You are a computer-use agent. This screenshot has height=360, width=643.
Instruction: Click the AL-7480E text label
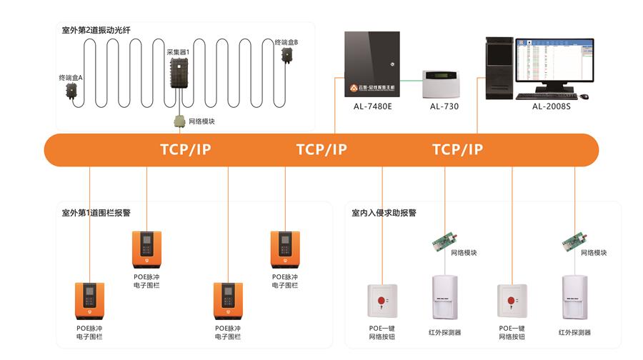[x=372, y=106]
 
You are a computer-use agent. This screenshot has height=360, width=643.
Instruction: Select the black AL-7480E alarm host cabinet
[x=372, y=64]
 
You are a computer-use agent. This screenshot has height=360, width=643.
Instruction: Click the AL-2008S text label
[x=551, y=106]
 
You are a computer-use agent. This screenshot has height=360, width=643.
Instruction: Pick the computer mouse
[x=584, y=96]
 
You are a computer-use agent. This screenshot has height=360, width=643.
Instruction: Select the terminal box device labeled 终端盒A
[x=72, y=91]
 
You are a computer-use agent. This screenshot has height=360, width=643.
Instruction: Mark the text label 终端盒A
[x=71, y=77]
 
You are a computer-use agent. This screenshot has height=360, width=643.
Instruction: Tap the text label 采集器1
[x=178, y=52]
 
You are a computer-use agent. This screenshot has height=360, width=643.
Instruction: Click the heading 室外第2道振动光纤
[x=96, y=30]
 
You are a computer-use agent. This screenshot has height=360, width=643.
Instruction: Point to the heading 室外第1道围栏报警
[x=96, y=212]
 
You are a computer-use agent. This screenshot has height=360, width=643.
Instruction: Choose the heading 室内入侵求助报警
[x=384, y=212]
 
